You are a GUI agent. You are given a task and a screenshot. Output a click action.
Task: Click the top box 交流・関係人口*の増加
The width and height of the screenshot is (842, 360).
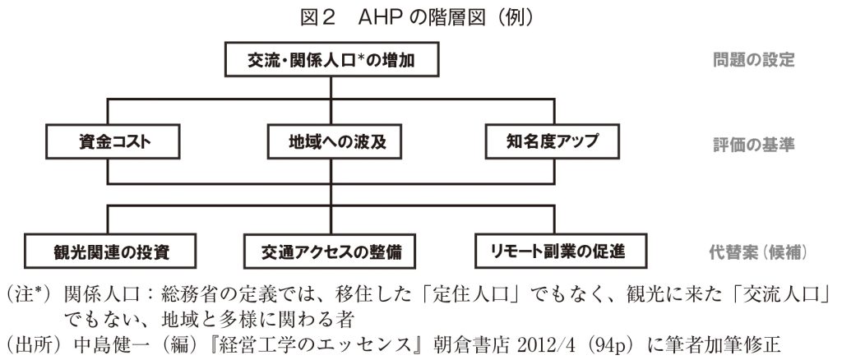pyautogui.click(x=332, y=59)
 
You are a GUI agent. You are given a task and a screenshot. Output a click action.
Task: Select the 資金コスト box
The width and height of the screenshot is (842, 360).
pyautogui.click(x=113, y=141)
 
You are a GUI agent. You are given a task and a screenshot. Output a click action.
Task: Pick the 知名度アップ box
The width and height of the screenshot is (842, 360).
pyautogui.click(x=552, y=141)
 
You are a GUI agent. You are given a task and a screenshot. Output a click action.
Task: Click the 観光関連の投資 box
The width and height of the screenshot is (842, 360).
pyautogui.click(x=110, y=251)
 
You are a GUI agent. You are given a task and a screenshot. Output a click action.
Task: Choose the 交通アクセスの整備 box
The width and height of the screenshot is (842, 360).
pyautogui.click(x=331, y=251)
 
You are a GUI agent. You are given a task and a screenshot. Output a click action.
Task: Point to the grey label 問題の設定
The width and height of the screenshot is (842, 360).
pyautogui.click(x=753, y=59)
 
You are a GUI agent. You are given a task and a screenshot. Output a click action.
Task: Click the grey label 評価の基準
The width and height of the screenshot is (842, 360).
pyautogui.click(x=753, y=145)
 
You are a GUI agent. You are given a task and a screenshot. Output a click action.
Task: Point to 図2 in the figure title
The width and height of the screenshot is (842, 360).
pyautogui.click(x=318, y=18)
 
